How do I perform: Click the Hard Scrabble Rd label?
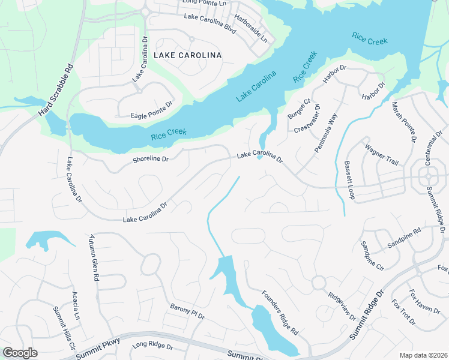(55, 91)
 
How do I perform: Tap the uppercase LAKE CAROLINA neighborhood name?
(187, 55)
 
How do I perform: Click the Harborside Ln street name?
(251, 29)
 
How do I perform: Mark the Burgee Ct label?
(298, 108)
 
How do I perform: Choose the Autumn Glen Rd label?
(94, 258)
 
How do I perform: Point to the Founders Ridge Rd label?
(280, 312)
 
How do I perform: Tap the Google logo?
(20, 353)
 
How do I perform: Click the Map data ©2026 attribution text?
(423, 355)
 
